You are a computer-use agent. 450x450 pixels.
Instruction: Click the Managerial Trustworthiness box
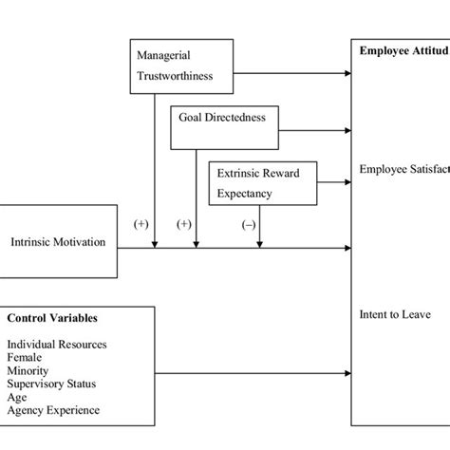coord(180,66)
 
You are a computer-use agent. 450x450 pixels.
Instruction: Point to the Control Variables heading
coord(52,318)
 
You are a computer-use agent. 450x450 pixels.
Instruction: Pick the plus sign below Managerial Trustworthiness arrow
coord(141,225)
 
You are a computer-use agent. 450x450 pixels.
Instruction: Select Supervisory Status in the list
coord(49,384)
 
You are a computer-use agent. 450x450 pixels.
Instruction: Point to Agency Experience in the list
coord(52,410)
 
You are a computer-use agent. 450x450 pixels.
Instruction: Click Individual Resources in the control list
coord(56,344)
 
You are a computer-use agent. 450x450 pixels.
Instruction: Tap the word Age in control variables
coord(17,397)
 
